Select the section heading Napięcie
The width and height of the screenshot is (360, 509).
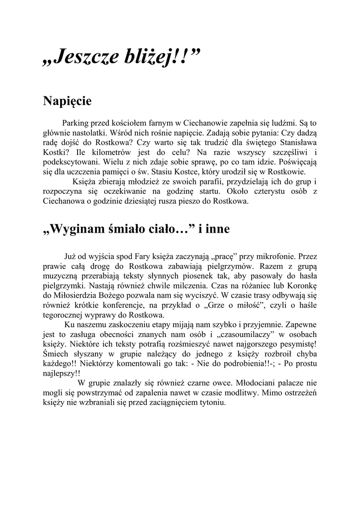pos(67,101)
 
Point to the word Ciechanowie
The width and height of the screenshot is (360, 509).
pos(208,123)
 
